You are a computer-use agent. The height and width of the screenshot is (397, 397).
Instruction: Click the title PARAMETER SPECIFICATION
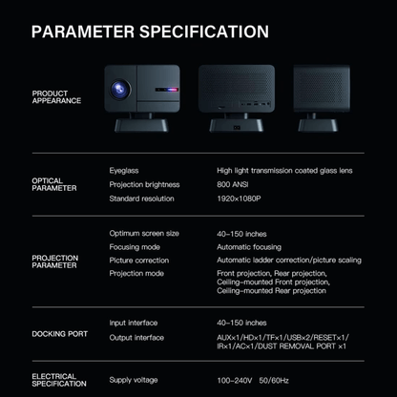pyautogui.click(x=150, y=31)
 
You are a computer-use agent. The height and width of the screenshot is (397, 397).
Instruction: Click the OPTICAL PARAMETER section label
pyautogui.click(x=48, y=184)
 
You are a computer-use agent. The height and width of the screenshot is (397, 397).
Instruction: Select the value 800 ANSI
pyautogui.click(x=233, y=184)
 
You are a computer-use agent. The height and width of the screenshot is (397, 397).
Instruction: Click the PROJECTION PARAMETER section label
pyautogui.click(x=55, y=261)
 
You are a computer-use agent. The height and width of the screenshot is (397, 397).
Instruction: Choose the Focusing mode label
pyautogui.click(x=135, y=246)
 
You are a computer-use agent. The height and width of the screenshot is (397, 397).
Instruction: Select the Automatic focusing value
pyautogui.click(x=254, y=246)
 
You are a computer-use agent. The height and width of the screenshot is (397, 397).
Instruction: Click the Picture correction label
pyautogui.click(x=138, y=260)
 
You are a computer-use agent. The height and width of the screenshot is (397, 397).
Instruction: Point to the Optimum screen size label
pyautogui.click(x=144, y=233)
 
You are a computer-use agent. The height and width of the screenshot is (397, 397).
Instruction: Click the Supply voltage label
pyautogui.click(x=134, y=380)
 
